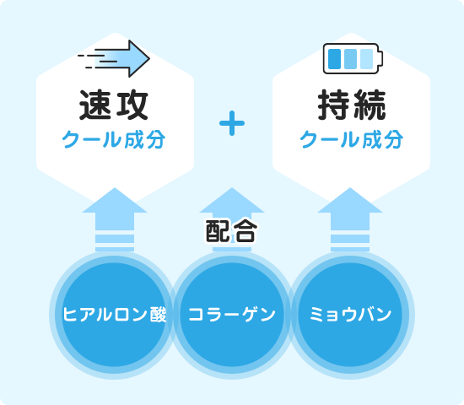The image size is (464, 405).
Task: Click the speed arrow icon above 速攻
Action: point(114,58)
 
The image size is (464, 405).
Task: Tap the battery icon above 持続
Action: point(353,58)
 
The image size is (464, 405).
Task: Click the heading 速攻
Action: point(114,105)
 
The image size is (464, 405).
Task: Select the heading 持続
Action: point(352,105)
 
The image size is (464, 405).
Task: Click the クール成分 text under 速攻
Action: point(114,139)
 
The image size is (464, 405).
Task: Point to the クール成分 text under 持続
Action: point(352,139)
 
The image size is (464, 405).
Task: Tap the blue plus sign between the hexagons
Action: point(232,123)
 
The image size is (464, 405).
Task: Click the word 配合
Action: point(232,231)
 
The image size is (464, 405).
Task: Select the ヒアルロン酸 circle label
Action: point(115,314)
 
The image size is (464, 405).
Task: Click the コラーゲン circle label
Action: point(232,314)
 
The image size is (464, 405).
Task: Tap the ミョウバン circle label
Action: point(351,314)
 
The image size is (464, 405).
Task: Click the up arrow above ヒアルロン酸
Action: point(115,219)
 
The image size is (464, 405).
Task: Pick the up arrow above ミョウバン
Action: point(350,219)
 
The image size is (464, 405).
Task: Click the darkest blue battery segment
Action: point(335,59)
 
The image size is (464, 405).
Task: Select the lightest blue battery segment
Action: point(367,59)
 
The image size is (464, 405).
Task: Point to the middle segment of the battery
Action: point(351,59)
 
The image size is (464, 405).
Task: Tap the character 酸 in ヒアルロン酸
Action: point(159,314)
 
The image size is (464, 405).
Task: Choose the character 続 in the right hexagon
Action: point(370,105)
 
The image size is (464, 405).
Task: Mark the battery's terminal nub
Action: point(381,58)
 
